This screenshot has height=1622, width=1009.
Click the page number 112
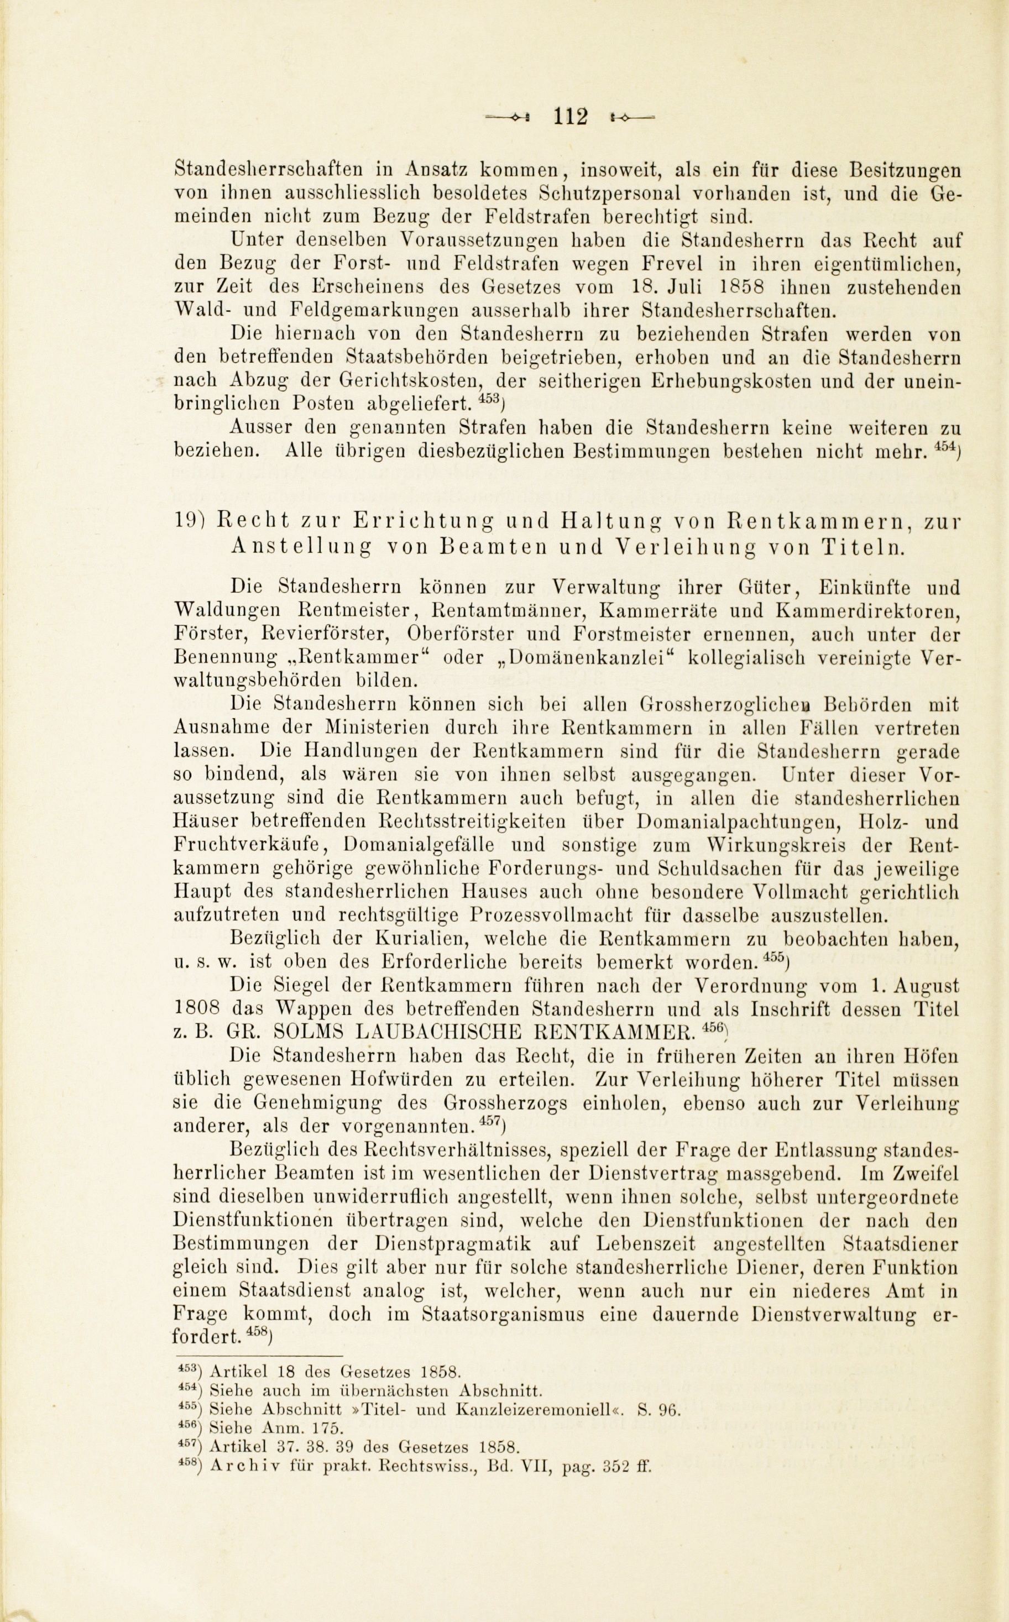point(571,117)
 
